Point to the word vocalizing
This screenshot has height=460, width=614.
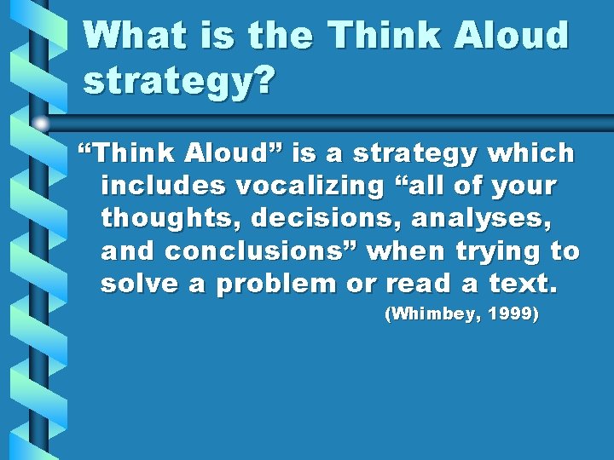point(305,185)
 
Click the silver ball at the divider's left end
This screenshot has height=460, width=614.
point(41,123)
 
